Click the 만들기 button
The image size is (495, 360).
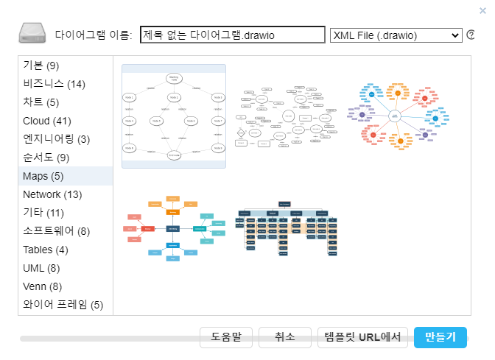440,337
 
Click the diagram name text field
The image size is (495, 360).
232,35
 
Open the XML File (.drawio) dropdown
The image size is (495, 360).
396,35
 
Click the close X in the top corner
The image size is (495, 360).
482,10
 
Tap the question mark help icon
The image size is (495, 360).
471,35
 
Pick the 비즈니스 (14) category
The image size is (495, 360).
55,84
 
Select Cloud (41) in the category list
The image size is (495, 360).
47,121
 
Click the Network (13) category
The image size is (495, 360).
52,194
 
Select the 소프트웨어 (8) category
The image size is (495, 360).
57,231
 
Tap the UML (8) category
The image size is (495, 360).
42,268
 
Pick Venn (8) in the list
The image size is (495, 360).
43,286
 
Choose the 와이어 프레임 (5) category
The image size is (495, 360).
63,305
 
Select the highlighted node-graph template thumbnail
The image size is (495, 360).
174,116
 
